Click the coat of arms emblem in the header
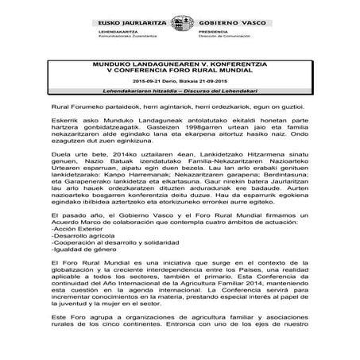point(179,25)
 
